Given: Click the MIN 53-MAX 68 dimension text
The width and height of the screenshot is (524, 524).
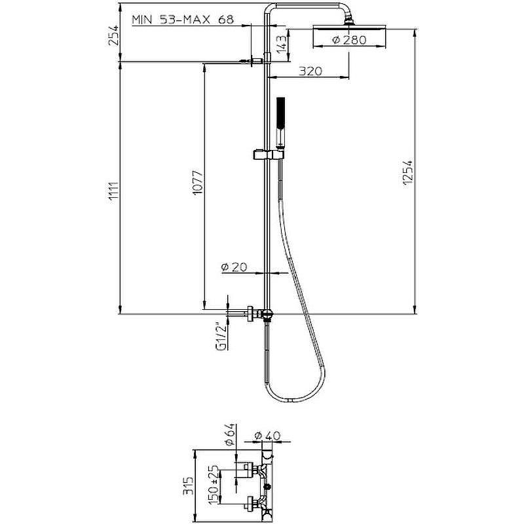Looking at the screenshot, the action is pyautogui.click(x=183, y=20).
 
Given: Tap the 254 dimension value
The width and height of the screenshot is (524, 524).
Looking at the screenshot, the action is pyautogui.click(x=114, y=35).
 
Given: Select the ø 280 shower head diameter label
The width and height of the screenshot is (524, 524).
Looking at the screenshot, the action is pyautogui.click(x=349, y=40).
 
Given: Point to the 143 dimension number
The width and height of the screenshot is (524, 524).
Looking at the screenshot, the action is pyautogui.click(x=282, y=43).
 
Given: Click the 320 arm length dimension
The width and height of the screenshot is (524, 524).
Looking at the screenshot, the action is pyautogui.click(x=310, y=71).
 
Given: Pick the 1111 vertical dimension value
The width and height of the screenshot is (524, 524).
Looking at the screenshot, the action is pyautogui.click(x=114, y=191).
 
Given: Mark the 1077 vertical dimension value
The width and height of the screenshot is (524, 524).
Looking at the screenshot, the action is pyautogui.click(x=198, y=183).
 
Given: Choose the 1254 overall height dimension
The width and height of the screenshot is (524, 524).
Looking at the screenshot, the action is pyautogui.click(x=407, y=172).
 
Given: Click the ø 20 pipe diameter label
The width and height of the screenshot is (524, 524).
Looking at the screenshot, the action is pyautogui.click(x=234, y=267).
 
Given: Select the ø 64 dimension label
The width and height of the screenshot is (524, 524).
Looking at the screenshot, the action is pyautogui.click(x=230, y=434).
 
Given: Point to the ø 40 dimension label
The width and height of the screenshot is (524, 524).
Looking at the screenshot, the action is pyautogui.click(x=267, y=436).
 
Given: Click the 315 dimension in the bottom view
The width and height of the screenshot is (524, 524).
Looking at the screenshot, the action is pyautogui.click(x=189, y=485).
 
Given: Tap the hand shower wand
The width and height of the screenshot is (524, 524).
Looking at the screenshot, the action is pyautogui.click(x=281, y=122).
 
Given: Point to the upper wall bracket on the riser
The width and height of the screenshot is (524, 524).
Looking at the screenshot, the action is pyautogui.click(x=255, y=61).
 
